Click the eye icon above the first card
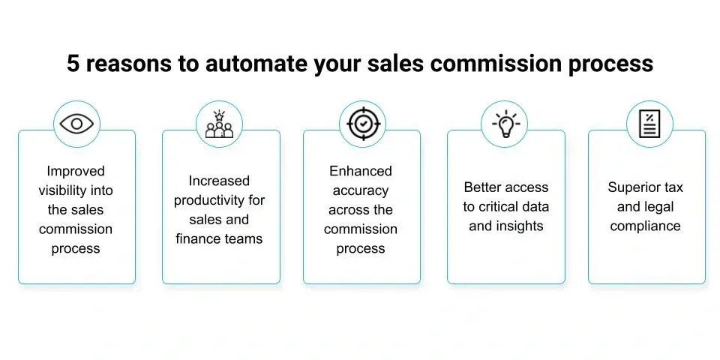(76, 124)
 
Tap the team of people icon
(220, 124)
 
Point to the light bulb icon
(505, 124)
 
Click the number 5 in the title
(73, 64)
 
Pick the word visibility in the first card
(65, 190)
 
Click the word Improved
(76, 171)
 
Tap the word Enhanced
(361, 171)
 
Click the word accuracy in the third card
(361, 190)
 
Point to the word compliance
(645, 226)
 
